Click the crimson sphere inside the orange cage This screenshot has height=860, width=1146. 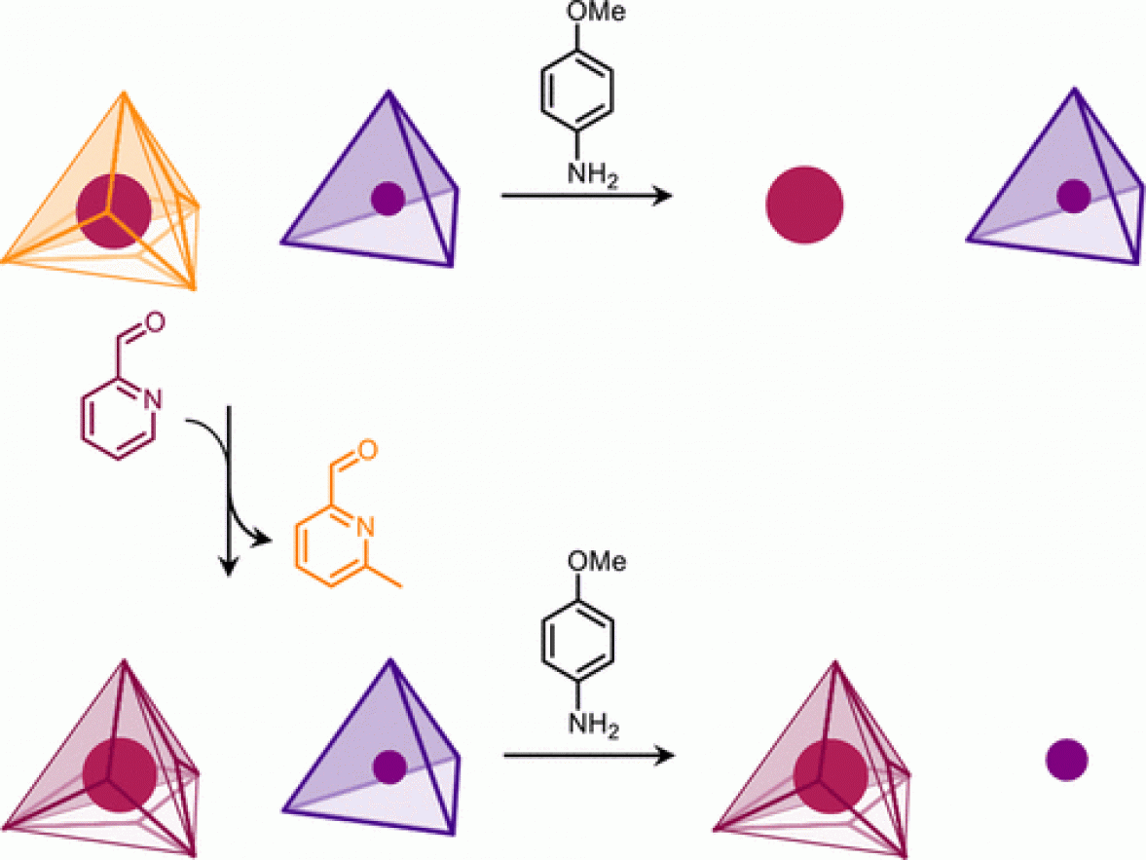coord(113,210)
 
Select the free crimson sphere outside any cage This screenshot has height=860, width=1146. coord(804,205)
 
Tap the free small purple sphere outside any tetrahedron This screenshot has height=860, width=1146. coord(1066,760)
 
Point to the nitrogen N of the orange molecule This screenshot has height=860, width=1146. coord(365,527)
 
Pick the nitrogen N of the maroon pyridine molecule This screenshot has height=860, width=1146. coord(152,400)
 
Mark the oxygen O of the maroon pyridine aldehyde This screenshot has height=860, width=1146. coord(155,321)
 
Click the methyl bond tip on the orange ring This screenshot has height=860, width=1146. coord(401,586)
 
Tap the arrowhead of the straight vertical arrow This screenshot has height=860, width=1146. coord(230,566)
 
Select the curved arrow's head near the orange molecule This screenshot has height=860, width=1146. coord(263,542)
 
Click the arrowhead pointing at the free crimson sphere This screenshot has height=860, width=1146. coord(662,195)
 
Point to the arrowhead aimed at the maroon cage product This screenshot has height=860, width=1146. coord(664,756)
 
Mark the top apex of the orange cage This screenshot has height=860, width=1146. coord(125,93)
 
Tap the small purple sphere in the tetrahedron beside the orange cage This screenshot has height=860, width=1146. coord(388,198)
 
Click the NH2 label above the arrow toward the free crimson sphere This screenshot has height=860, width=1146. coord(593,175)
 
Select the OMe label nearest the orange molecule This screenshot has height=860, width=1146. coord(597,562)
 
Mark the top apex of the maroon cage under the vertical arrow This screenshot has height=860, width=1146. coord(124,661)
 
